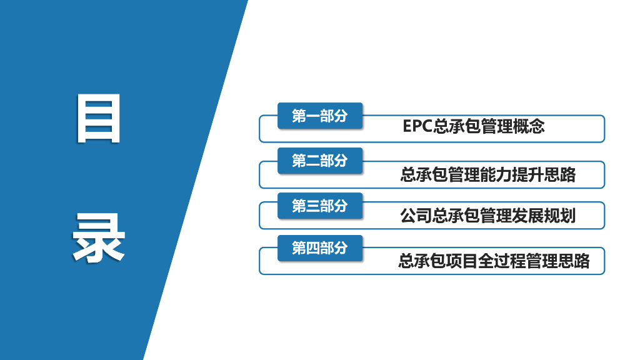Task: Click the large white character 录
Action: [98, 238]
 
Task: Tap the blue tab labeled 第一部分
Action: [319, 116]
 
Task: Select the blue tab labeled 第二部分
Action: [319, 161]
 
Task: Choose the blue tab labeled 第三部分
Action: [319, 206]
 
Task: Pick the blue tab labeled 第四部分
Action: [319, 247]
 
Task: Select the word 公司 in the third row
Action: [416, 216]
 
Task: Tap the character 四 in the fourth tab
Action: [313, 247]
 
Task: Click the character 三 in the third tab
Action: [313, 206]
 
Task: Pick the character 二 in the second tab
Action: [313, 161]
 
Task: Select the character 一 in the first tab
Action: [313, 116]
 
